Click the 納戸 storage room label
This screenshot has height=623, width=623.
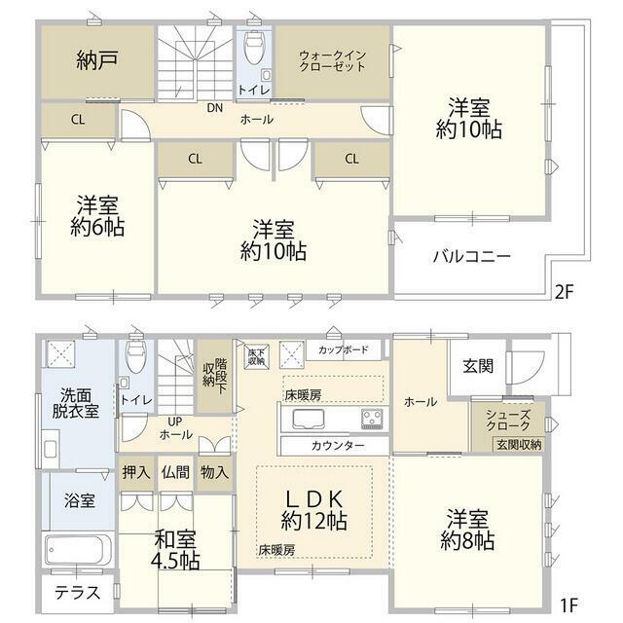97,60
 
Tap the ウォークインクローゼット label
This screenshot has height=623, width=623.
332,60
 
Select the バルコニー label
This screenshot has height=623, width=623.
471,256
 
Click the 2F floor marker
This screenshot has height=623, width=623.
565,292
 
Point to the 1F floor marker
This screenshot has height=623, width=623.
568,605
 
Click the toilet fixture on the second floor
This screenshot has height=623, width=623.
253,48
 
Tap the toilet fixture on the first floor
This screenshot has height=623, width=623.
136,356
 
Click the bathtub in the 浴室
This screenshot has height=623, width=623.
78,550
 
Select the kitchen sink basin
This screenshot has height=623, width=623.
309,420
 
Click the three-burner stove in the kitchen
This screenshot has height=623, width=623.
372,420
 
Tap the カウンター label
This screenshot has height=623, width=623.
338,446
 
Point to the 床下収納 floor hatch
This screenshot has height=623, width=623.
256,356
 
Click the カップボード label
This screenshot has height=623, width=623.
344,349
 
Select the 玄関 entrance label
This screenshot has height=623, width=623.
478,366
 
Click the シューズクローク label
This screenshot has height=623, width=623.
508,421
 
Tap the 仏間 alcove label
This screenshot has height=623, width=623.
175,472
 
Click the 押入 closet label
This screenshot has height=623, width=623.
136,472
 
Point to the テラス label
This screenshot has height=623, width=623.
77,593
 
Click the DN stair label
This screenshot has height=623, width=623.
215,108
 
